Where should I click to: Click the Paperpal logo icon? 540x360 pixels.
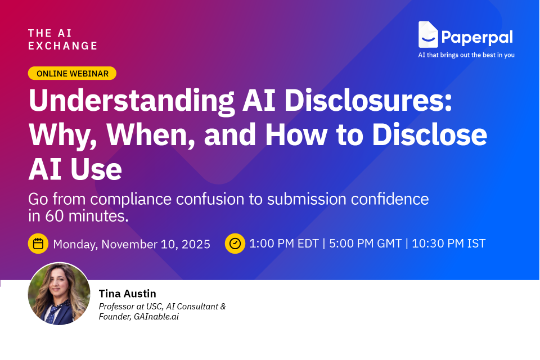(x=428, y=35)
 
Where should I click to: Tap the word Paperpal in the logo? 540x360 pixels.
(x=476, y=37)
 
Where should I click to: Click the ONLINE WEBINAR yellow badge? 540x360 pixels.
(x=72, y=73)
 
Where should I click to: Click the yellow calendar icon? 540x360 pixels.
(x=38, y=244)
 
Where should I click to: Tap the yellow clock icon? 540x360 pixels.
(x=235, y=244)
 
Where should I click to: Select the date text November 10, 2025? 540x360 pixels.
(x=156, y=244)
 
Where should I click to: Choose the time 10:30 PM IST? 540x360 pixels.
(x=448, y=244)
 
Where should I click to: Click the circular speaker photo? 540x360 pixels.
(x=59, y=294)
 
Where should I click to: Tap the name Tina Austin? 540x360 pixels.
(x=127, y=293)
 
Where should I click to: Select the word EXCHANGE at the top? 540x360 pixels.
(x=63, y=46)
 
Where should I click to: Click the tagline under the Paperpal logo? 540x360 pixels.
(x=466, y=55)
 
